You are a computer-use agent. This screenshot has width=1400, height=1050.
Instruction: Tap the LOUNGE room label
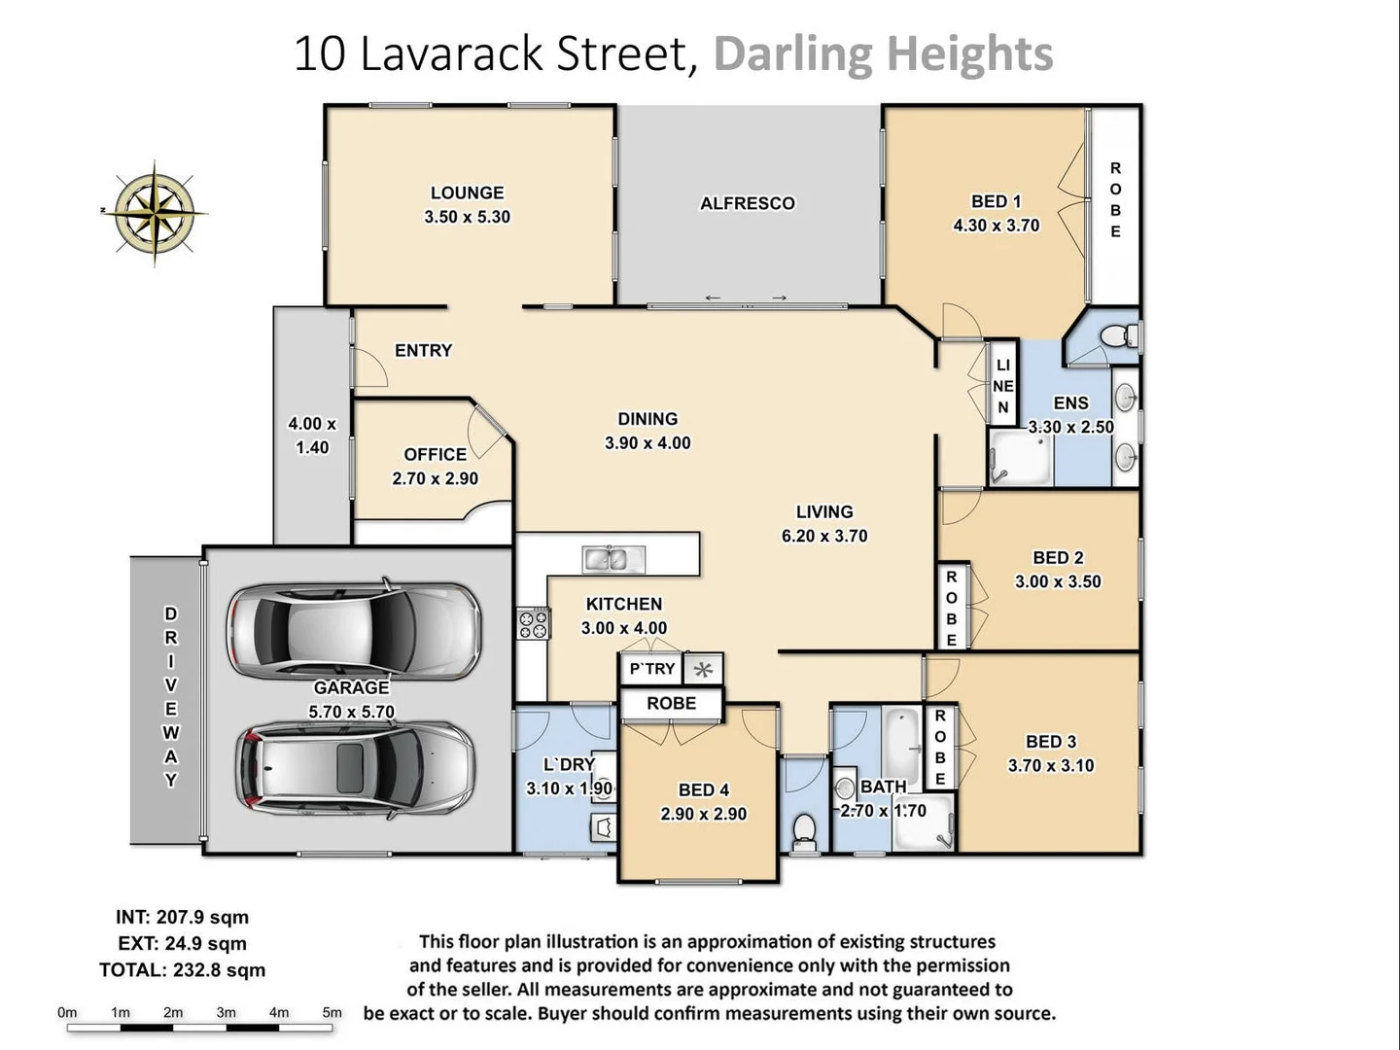(467, 192)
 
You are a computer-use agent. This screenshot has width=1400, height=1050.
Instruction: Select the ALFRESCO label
(747, 203)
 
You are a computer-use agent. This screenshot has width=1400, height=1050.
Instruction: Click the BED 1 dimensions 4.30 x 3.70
(996, 226)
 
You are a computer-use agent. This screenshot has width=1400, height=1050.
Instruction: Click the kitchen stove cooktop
(533, 623)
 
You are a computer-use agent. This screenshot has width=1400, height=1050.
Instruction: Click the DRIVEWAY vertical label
(171, 697)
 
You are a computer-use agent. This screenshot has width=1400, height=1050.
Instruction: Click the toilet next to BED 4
(804, 829)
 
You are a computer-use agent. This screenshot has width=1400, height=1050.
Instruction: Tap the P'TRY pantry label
(651, 669)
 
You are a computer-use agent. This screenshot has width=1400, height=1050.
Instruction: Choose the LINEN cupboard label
(1002, 386)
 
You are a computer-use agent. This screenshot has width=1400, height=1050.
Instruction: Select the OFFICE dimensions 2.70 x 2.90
(435, 478)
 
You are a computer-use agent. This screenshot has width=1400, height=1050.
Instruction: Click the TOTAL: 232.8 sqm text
(182, 970)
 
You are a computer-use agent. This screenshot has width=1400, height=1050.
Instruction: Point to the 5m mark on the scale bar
(332, 1013)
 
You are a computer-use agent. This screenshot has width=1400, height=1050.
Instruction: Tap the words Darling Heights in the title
(883, 53)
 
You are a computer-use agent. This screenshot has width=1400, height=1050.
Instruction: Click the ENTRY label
(423, 350)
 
